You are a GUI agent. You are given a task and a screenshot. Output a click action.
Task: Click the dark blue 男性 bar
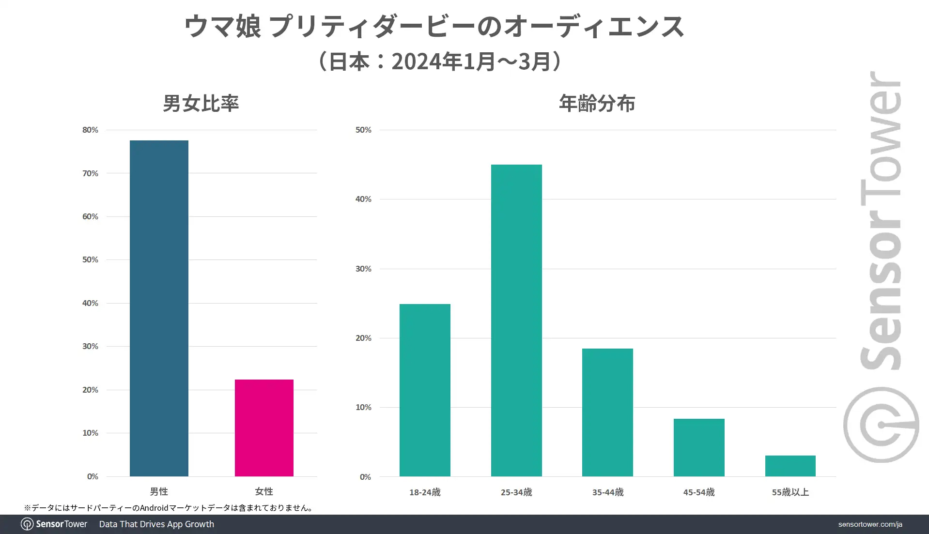click(159, 308)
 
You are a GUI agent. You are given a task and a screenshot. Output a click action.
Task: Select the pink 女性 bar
click(264, 427)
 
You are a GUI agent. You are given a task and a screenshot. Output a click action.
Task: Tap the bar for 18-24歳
click(425, 390)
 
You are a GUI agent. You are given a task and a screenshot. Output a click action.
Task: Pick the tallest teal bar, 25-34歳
click(516, 320)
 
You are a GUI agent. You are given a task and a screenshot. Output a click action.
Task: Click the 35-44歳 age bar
click(607, 412)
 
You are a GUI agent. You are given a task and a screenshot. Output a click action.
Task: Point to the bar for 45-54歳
click(699, 447)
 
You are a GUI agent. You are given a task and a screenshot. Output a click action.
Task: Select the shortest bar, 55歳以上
click(790, 466)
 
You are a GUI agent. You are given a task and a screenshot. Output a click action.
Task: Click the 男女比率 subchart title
click(201, 103)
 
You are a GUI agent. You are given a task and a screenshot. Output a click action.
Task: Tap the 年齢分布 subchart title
click(597, 103)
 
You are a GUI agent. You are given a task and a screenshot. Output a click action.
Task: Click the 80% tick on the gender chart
click(90, 130)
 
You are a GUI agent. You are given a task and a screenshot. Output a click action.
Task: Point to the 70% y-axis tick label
click(90, 173)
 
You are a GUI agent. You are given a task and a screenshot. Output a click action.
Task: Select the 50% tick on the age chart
click(363, 130)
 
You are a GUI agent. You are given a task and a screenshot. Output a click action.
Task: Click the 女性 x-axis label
click(264, 491)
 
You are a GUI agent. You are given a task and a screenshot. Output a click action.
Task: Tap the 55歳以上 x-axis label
click(790, 492)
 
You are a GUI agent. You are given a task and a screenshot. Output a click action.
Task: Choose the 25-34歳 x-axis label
click(516, 492)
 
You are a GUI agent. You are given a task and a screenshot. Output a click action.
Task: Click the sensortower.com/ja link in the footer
click(870, 524)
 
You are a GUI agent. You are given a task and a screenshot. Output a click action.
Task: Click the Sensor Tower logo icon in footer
click(27, 524)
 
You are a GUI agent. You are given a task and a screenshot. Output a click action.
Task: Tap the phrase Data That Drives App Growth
click(156, 524)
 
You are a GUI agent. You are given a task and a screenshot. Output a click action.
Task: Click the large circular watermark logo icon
click(881, 425)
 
